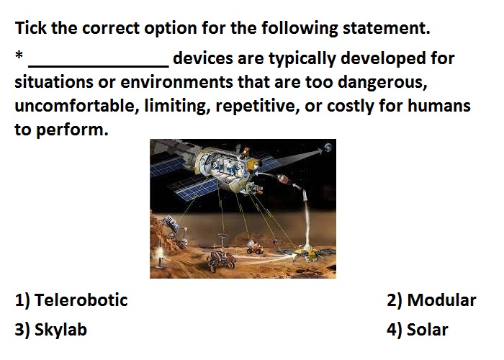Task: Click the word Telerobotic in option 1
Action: point(81,300)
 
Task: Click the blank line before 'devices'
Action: point(99,66)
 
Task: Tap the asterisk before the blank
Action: point(19,55)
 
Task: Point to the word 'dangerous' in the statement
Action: point(382,83)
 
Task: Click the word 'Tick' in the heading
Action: point(31,27)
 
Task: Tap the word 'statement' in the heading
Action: point(387,28)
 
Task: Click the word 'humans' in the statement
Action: point(439,106)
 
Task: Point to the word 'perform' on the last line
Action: point(72,130)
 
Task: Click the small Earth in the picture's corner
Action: point(328,148)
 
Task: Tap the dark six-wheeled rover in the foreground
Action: point(221,261)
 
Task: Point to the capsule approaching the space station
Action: point(284,180)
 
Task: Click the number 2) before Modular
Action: point(395,300)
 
